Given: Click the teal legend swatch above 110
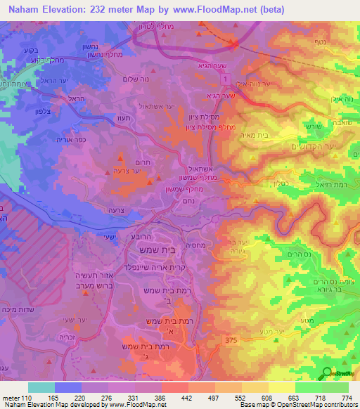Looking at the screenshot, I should [42, 387].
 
